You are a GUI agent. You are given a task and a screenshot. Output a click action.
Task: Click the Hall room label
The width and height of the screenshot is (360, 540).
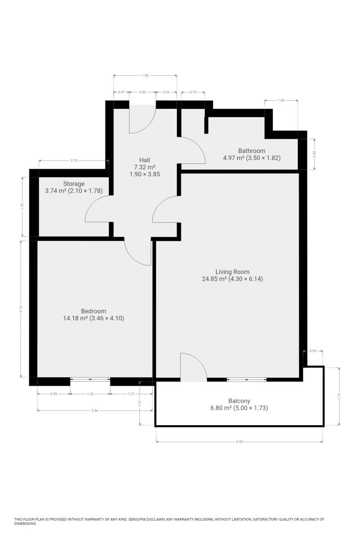144,160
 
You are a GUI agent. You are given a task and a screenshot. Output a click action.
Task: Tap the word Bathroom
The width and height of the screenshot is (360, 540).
252,151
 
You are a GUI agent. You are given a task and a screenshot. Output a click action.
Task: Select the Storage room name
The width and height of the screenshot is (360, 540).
74,184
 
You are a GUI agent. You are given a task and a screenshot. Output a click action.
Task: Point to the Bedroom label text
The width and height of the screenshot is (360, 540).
94,311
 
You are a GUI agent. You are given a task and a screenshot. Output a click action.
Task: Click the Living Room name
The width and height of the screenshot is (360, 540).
233,272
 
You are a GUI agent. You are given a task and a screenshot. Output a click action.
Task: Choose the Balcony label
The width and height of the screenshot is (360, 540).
239,401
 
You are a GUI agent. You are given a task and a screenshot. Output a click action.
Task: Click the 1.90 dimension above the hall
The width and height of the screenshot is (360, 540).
145,76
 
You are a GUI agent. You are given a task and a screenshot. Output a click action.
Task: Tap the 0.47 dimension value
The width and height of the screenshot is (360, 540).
121,92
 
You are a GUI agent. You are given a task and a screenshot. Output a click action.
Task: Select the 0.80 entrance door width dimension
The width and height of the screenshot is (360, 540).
143,92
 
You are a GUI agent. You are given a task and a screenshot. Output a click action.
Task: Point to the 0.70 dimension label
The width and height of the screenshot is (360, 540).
193,92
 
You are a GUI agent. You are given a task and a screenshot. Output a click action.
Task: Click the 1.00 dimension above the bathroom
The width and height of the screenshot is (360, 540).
281,100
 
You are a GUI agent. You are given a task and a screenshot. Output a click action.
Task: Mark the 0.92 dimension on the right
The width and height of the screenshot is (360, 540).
314,154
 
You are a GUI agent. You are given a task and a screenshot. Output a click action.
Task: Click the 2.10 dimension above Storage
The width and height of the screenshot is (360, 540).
74,161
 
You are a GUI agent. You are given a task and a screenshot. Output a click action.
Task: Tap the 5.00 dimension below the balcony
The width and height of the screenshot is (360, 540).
239,442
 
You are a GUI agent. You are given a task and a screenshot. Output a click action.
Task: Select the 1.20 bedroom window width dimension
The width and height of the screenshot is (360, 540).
90,394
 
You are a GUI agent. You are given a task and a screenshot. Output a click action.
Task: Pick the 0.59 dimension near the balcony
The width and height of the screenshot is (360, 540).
312,351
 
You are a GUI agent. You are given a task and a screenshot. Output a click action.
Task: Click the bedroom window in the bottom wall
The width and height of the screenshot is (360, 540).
90,379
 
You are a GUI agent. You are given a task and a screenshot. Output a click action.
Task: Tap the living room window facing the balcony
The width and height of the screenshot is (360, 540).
247,380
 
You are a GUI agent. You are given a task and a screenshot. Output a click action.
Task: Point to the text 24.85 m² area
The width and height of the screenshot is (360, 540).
214,279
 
